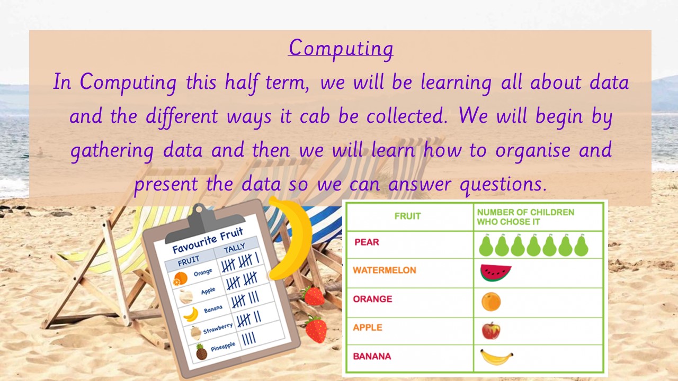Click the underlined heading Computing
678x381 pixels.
tap(341, 48)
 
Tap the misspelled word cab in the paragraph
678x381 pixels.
tap(315, 116)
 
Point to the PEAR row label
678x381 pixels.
tap(367, 242)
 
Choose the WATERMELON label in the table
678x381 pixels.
tap(385, 270)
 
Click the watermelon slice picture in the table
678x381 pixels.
tap(496, 273)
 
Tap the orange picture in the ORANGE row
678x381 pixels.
tap(491, 302)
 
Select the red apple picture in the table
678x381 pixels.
tap(491, 331)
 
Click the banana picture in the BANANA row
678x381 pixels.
tap(496, 357)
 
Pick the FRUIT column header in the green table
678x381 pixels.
tap(407, 216)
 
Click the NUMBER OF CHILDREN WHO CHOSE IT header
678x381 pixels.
tap(525, 217)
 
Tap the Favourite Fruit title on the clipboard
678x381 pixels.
tap(208, 240)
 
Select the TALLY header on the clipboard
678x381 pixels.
tap(234, 248)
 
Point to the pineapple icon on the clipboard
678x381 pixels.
tap(201, 352)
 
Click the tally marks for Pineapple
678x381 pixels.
tap(249, 338)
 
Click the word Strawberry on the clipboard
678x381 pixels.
tap(218, 329)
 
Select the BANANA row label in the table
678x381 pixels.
tap(372, 356)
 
